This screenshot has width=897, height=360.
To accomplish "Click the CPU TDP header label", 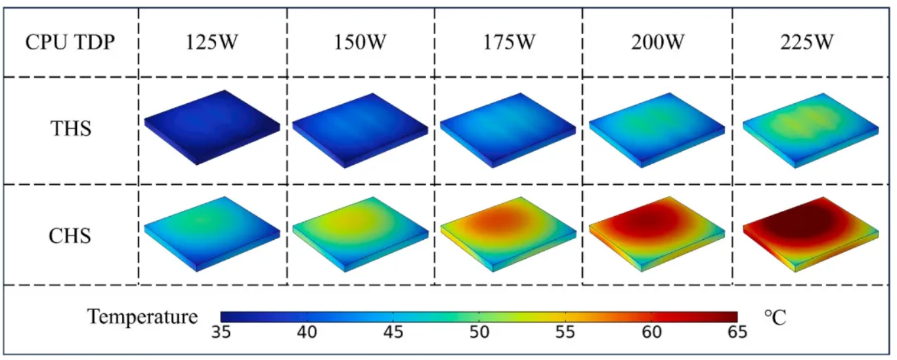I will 70,43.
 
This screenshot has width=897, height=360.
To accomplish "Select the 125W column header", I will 213,43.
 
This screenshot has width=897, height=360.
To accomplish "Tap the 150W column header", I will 361,43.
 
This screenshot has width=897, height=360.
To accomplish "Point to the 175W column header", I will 509,43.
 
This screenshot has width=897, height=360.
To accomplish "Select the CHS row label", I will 70,235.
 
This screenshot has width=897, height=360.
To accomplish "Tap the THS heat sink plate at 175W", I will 508,126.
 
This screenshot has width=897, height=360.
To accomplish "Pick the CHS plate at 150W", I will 360,231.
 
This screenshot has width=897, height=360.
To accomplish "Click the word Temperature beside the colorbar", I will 142,317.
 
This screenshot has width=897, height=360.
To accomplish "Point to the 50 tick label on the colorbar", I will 479,332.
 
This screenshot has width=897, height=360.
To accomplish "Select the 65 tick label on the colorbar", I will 737,332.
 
